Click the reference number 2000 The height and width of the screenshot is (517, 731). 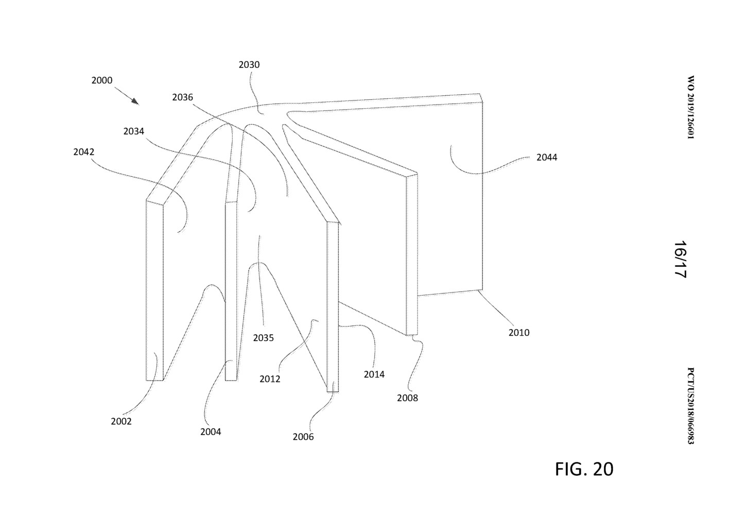tap(101, 80)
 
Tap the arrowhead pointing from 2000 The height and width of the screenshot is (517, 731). tap(135, 101)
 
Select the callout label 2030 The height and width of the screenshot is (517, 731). tap(249, 65)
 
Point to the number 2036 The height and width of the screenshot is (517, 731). tap(182, 97)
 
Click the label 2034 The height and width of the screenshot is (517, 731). tap(133, 131)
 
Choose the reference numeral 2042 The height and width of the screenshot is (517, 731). tap(83, 152)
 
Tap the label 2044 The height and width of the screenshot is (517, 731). tap(547, 158)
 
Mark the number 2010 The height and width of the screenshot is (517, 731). tap(519, 333)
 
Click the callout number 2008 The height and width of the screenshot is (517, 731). tap(407, 398)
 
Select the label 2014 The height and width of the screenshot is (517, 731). tap(374, 374)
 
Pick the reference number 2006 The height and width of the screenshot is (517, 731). tap(303, 437)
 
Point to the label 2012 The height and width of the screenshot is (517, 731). tap(270, 379)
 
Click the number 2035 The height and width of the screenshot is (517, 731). tap(263, 338)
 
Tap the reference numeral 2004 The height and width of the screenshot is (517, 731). tap(211, 432)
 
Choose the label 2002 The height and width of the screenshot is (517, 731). tap(121, 421)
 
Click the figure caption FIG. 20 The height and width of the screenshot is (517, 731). tap(584, 469)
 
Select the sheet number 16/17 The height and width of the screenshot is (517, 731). tap(680, 259)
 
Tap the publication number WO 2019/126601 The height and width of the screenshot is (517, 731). tap(690, 108)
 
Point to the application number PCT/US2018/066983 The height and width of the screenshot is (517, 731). tap(690, 406)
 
